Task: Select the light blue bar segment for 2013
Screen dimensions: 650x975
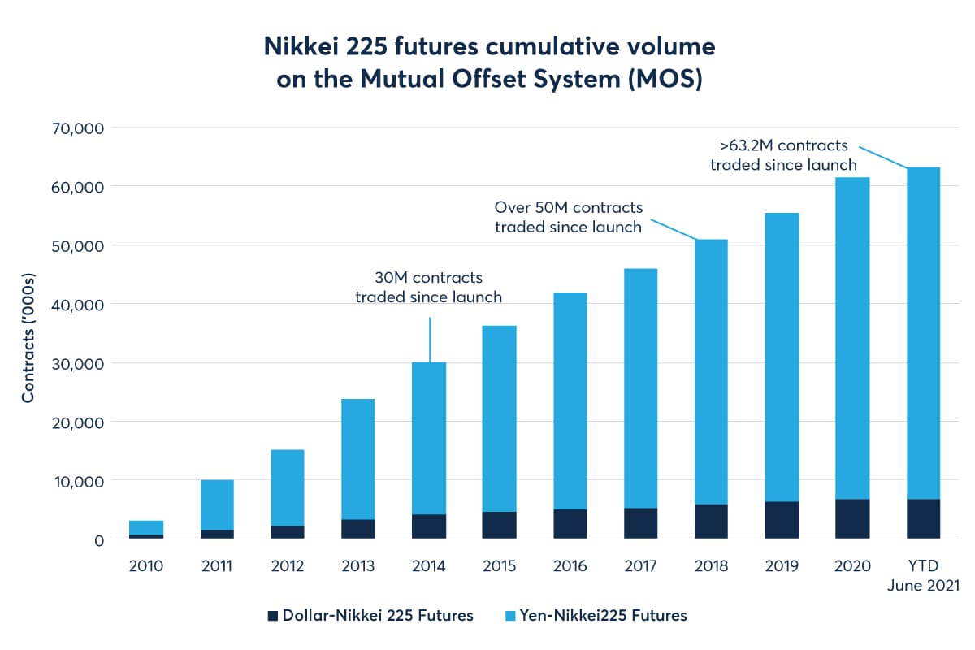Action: click(x=357, y=459)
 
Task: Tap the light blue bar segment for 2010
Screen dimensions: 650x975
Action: click(x=146, y=527)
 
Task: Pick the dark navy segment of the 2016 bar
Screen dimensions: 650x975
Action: click(x=570, y=523)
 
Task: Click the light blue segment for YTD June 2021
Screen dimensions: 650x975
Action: click(x=923, y=333)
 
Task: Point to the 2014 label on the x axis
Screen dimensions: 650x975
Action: click(x=429, y=565)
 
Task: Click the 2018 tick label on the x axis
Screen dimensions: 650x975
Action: click(x=711, y=565)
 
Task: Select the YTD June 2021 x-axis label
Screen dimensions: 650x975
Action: click(x=923, y=575)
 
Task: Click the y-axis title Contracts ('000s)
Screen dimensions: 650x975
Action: click(x=28, y=334)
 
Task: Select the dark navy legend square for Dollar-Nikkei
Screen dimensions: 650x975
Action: click(x=272, y=615)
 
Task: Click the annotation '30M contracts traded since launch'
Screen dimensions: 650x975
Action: click(x=428, y=287)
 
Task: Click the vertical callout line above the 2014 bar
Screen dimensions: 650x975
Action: click(x=429, y=339)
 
